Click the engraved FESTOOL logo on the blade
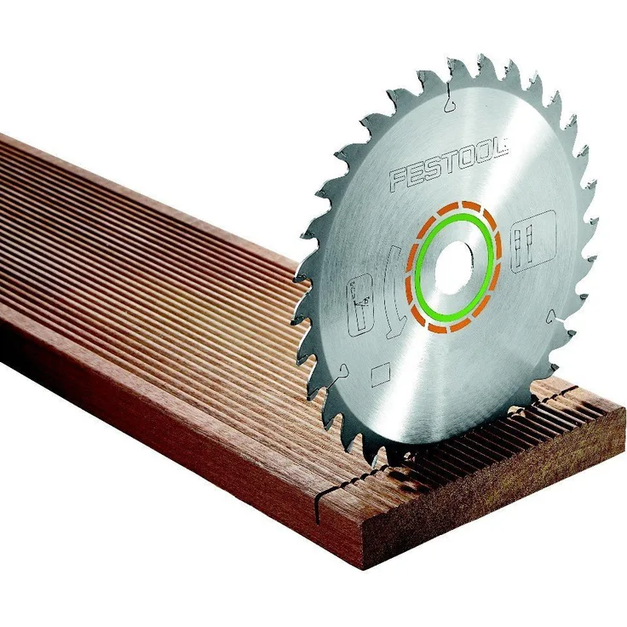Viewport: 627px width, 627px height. tap(449, 164)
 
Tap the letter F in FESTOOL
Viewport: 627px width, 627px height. tap(400, 178)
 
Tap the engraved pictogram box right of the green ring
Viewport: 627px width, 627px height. tap(533, 242)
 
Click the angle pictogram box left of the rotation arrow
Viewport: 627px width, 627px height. tap(360, 305)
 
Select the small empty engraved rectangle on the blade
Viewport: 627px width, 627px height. tap(380, 375)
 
